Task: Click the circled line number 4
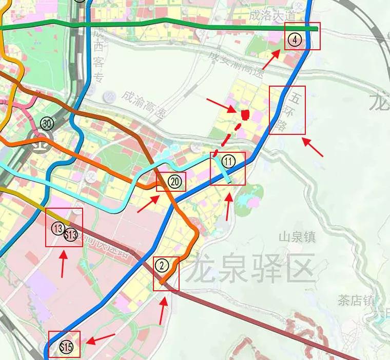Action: (294, 39)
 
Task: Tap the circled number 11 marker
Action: (228, 162)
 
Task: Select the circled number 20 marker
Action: (175, 181)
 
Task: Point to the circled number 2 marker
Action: (162, 265)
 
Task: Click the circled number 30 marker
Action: (47, 123)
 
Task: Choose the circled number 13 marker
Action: (58, 228)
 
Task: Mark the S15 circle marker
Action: (66, 347)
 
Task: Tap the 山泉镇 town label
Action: (297, 237)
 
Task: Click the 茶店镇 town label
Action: (356, 300)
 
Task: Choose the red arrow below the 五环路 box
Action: (313, 147)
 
